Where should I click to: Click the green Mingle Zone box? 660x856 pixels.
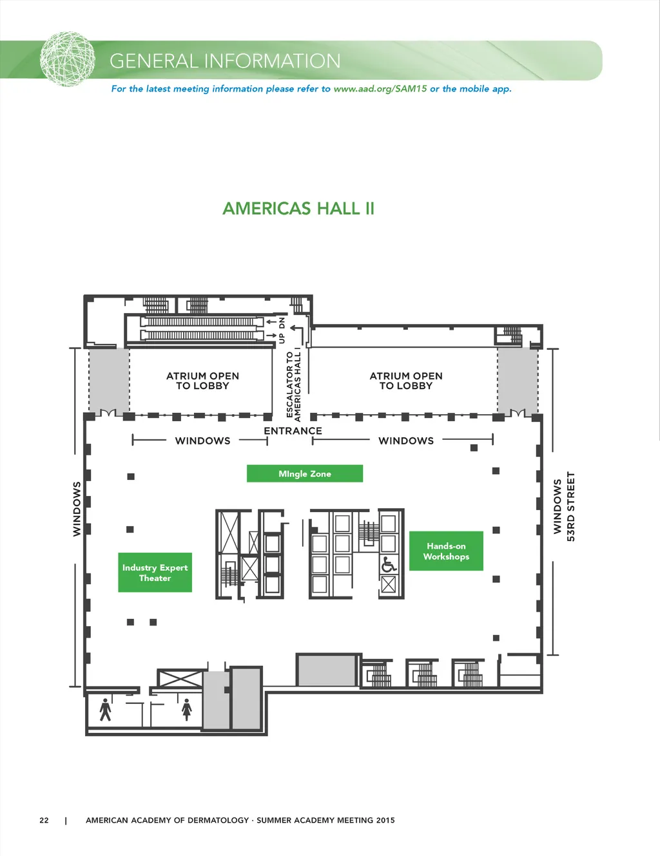point(305,473)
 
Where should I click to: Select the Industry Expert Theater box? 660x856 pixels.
point(155,573)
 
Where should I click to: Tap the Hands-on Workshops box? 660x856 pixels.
point(446,551)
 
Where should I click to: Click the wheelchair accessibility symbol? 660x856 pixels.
point(389,564)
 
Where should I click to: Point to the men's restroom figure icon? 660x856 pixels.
point(105,709)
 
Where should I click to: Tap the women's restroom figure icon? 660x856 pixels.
point(187,709)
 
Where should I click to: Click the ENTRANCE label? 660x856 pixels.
point(293,431)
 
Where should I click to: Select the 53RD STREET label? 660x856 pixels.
point(570,507)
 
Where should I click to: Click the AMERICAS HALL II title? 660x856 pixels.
point(298,209)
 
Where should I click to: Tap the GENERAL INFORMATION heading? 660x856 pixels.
point(225,61)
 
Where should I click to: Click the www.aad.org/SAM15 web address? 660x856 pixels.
point(380,89)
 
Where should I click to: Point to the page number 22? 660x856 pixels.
point(44,820)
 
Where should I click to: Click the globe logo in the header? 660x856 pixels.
point(68,59)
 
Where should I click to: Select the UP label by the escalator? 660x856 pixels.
point(282,338)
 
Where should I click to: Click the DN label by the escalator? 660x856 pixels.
point(282,323)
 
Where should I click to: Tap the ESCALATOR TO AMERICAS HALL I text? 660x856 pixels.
point(293,386)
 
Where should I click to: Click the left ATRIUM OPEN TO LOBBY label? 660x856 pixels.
point(202,381)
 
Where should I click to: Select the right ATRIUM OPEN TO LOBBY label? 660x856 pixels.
point(406,381)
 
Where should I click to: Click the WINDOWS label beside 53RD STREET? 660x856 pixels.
point(557,507)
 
